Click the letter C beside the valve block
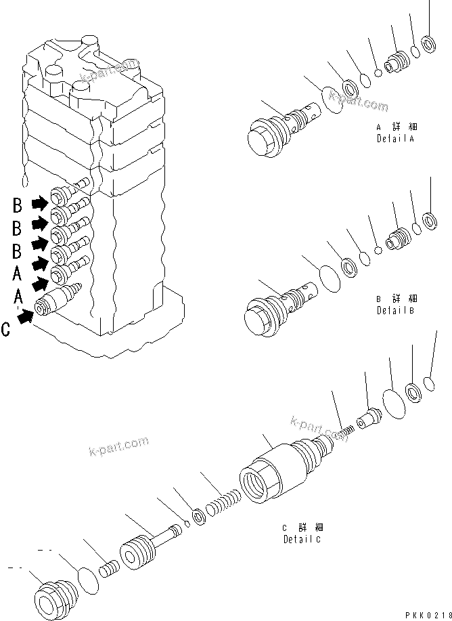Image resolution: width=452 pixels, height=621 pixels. (6, 330)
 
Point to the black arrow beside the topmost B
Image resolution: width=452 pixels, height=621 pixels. (41, 201)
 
